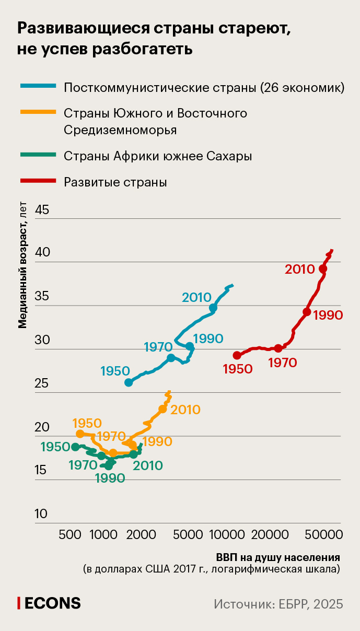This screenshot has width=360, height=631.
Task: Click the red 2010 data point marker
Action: (323, 268)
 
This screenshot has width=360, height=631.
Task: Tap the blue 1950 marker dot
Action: (129, 382)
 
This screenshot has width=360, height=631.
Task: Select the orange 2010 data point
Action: (162, 409)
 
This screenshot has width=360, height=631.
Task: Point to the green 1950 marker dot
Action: (76, 447)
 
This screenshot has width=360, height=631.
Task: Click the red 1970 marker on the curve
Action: (278, 348)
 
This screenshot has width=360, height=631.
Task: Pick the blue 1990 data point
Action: (190, 346)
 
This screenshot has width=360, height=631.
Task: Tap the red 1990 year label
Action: (328, 315)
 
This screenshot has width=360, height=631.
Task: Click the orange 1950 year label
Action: (87, 423)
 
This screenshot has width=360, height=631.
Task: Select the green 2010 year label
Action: (147, 465)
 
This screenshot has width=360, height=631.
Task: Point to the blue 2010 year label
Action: (196, 297)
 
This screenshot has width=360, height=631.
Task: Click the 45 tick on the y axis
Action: (42, 210)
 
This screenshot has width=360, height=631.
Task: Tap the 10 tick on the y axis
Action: (41, 514)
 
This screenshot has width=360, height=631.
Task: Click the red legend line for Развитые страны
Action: (37, 181)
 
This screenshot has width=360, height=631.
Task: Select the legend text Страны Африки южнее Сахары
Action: (158, 156)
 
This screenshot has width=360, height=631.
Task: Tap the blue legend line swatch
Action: (37, 86)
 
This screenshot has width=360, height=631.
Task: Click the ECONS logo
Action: (50, 603)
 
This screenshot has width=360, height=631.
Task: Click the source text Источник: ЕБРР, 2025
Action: (278, 604)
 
